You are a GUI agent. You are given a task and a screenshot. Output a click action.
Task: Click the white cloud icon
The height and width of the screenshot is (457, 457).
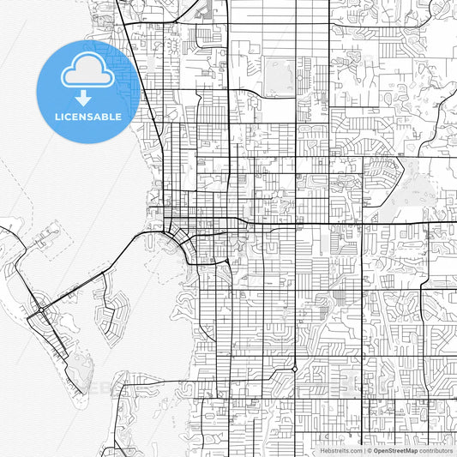click(87, 74)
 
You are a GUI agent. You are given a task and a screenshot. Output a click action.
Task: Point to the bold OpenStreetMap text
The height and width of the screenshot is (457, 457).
click(395, 450)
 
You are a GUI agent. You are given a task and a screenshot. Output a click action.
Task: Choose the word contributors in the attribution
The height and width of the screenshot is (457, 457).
click(436, 450)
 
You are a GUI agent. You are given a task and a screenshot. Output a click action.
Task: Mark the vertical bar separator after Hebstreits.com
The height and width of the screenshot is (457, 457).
click(362, 450)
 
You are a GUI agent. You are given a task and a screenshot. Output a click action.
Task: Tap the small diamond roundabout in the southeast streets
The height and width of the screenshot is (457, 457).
click(294, 369)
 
